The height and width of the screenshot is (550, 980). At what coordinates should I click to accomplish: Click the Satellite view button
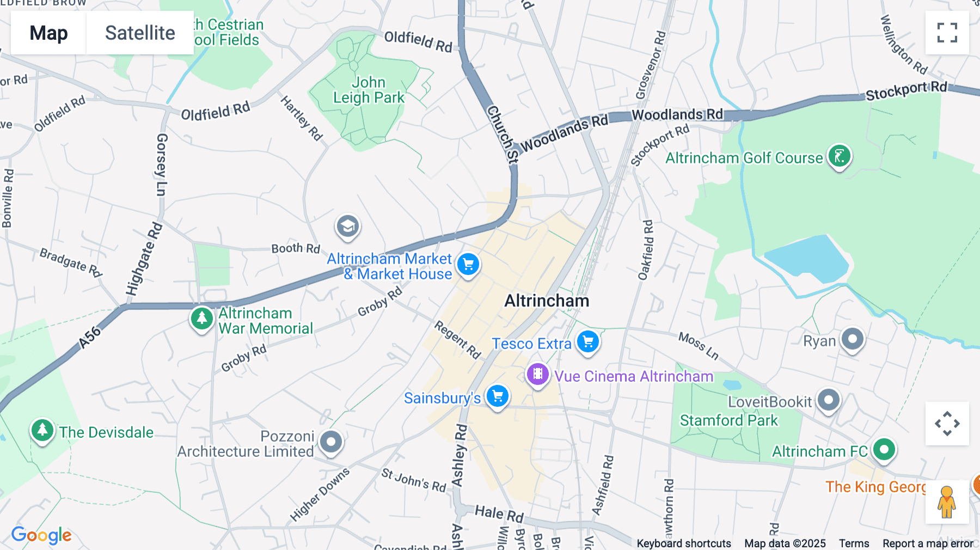point(140,33)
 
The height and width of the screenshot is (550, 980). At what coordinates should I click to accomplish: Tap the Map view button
point(48,33)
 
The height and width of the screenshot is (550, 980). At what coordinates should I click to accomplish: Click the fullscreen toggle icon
point(947,33)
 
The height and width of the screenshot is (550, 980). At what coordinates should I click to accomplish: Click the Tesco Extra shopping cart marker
point(587,342)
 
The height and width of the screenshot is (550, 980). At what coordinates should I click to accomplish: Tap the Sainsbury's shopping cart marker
point(497,396)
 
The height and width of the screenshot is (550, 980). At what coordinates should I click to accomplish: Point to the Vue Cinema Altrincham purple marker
point(537,374)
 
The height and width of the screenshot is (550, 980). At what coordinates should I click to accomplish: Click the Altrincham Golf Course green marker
point(839,156)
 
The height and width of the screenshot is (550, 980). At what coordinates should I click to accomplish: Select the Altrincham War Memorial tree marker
point(201,318)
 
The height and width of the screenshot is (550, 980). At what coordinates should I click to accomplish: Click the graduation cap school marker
point(347,226)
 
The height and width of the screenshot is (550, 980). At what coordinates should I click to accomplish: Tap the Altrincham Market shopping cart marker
point(468,265)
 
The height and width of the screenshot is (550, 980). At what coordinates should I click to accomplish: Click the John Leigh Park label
point(369,90)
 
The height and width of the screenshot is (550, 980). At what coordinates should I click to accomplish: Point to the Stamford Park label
point(728,420)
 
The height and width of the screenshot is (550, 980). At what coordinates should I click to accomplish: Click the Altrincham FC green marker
point(884,450)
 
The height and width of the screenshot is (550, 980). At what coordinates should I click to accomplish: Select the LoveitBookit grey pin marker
point(828,400)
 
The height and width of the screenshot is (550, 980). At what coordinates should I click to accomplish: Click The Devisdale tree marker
point(42,431)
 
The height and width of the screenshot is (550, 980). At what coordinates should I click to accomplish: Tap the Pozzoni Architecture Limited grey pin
point(330,442)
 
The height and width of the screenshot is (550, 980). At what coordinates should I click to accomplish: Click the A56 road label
point(90,337)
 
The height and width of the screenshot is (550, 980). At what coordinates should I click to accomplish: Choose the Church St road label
point(502,134)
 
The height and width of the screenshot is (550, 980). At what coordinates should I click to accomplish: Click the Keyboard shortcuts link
point(684,543)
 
